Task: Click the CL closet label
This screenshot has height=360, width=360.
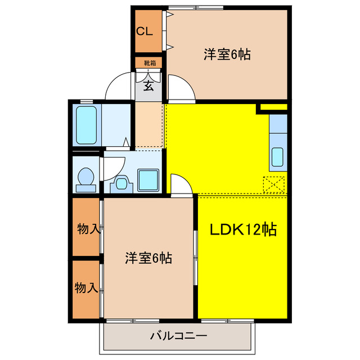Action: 145,31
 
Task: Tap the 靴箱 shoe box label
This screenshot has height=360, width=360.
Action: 149,63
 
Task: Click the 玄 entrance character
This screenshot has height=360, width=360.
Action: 148,85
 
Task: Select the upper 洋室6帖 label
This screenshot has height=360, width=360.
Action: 227,55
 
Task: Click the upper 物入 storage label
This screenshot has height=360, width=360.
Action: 88,229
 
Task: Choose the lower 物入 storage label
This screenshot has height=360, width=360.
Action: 86,288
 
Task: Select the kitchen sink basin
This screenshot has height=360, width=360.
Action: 278,157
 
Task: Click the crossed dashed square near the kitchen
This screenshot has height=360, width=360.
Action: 274,184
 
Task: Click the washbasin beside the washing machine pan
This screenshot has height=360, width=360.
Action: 121,182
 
